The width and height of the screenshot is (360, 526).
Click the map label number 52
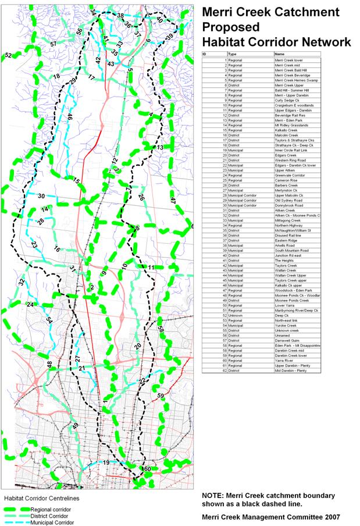(8, 55)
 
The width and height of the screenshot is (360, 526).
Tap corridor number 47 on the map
(173, 200)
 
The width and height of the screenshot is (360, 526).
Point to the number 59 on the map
(161, 396)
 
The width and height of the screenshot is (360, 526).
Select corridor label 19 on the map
(106, 463)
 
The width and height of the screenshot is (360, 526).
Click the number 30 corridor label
(41, 197)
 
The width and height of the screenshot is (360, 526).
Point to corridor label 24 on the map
(30, 304)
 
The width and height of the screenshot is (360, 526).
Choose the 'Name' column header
(280, 54)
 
